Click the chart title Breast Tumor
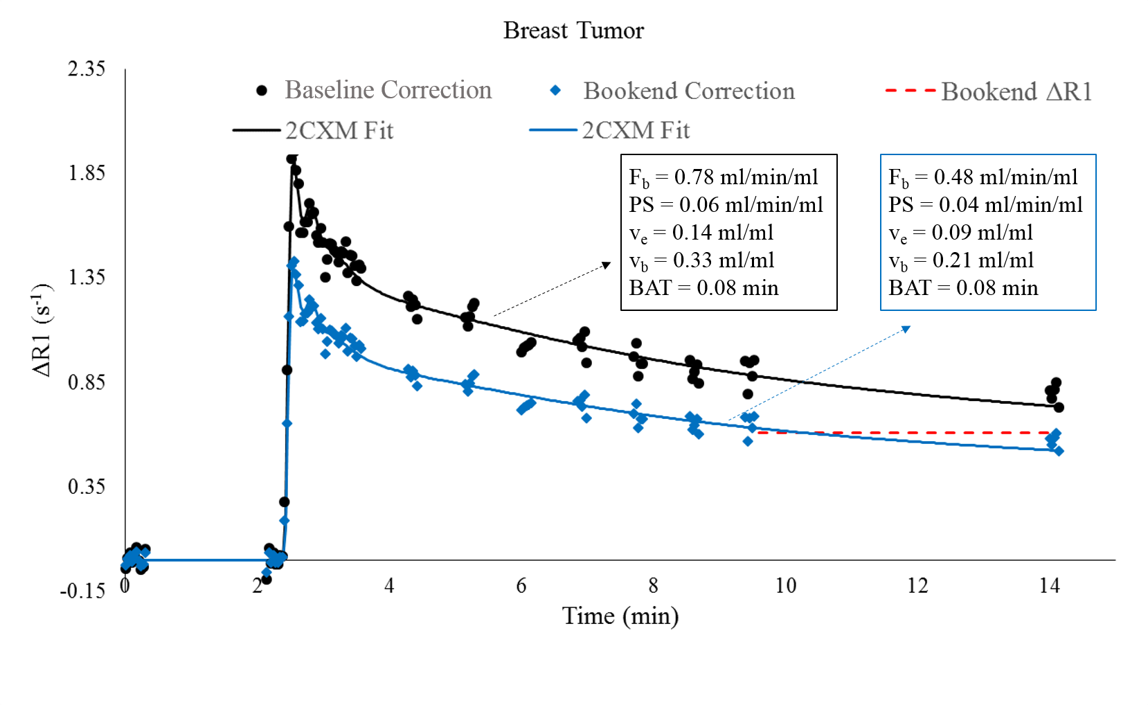tap(573, 30)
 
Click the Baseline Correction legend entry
tap(387, 90)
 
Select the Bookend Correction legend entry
tap(688, 91)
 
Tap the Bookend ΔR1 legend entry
tap(1016, 91)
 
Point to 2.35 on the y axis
tap(87, 69)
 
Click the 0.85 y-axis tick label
tap(87, 382)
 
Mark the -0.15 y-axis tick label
tap(83, 591)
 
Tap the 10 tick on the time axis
tap(785, 586)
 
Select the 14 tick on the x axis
tap(1049, 586)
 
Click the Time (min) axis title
tap(620, 616)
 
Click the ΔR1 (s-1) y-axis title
tap(42, 330)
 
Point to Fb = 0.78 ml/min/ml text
tap(723, 177)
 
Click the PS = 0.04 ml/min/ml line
tap(985, 205)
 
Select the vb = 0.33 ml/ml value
tap(701, 260)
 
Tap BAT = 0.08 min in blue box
tap(962, 288)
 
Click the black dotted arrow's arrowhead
tap(607, 265)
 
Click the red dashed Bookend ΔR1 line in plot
tap(900, 433)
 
